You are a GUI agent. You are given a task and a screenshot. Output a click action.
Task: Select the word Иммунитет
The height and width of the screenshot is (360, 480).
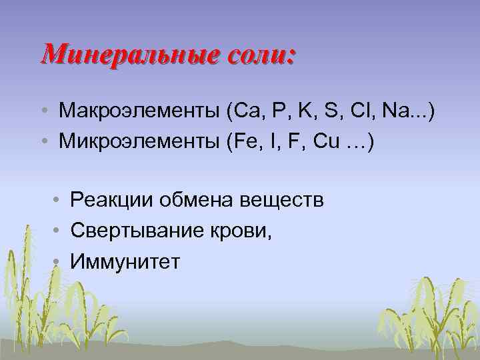(125, 262)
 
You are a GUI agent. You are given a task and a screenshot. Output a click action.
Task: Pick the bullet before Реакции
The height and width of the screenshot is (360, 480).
(59, 199)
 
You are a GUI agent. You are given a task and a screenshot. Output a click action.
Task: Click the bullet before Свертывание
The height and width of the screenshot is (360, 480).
(59, 231)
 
